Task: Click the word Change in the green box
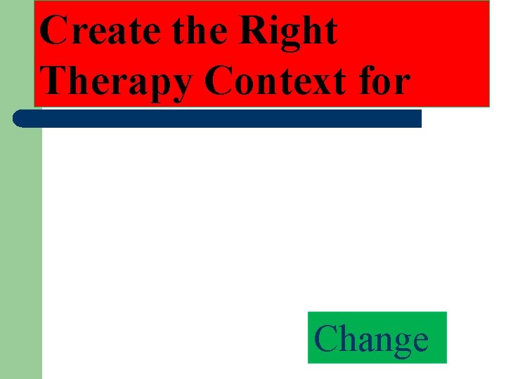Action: [371, 339]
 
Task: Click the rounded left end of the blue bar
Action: [20, 118]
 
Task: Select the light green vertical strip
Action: [20, 253]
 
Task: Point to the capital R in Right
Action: [256, 31]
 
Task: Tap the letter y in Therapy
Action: [181, 86]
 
